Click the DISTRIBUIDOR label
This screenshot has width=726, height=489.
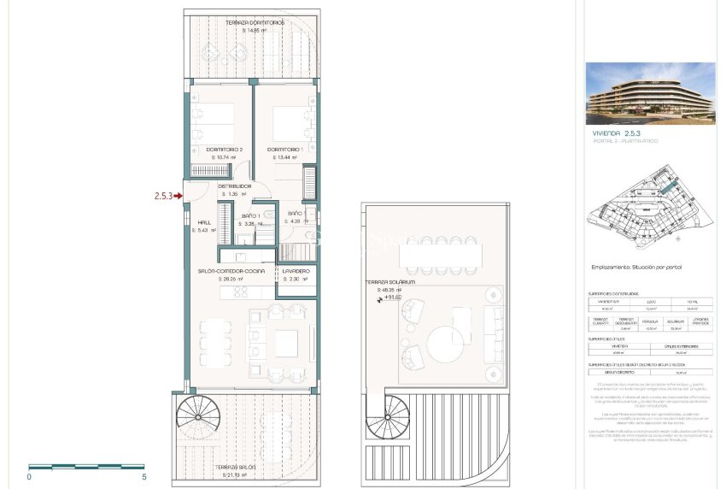click(x=233, y=186)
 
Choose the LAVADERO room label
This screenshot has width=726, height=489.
click(x=298, y=271)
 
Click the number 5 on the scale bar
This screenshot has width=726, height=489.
click(x=144, y=477)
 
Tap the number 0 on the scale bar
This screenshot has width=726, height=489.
click(x=30, y=477)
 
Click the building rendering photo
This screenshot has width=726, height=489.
click(x=650, y=93)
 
